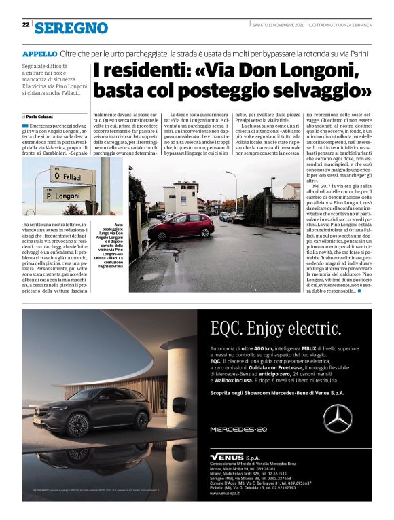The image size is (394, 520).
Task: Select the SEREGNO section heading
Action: (x=71, y=28)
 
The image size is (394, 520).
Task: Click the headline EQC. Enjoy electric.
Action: (x=270, y=329)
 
